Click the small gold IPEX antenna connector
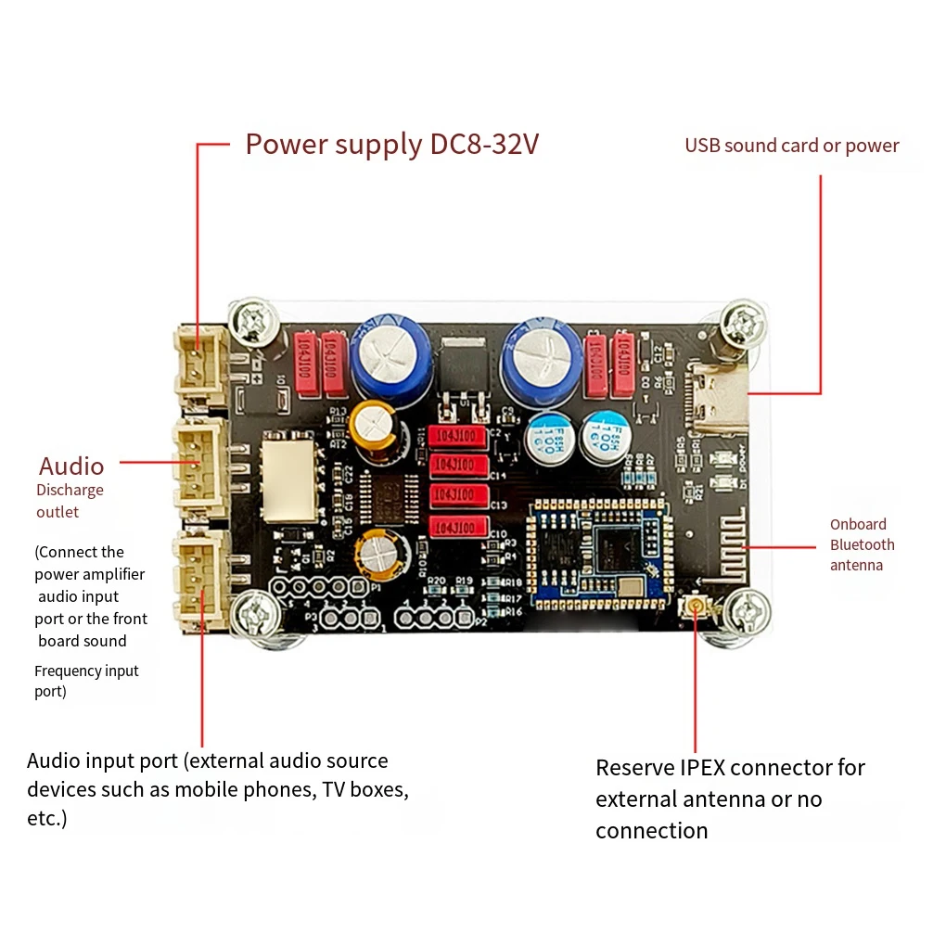pos(694,608)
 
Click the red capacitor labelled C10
pos(459,528)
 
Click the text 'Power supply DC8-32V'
pos(391,145)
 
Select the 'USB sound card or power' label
pos(791,146)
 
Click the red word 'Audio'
pos(71,466)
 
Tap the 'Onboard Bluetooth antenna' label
pos(862,544)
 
